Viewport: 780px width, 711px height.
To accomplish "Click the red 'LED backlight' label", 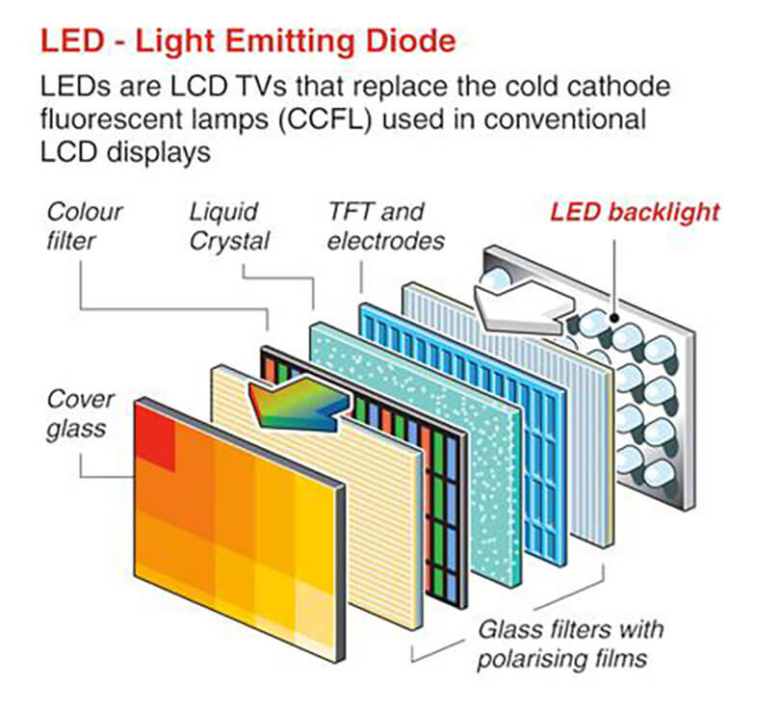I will tap(635, 212).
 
